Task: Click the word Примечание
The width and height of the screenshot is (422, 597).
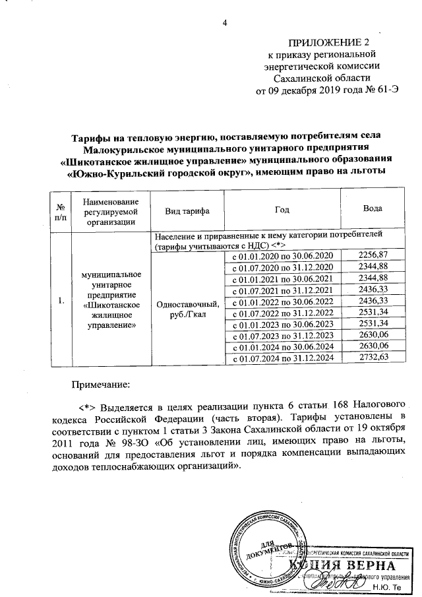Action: tap(102, 383)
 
